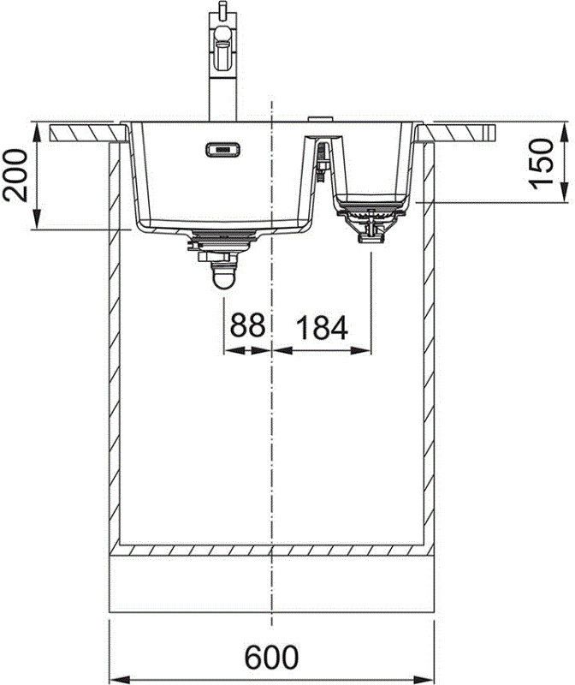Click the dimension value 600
point(271,657)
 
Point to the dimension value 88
point(246,326)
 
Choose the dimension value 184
point(322,326)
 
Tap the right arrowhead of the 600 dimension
point(428,670)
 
